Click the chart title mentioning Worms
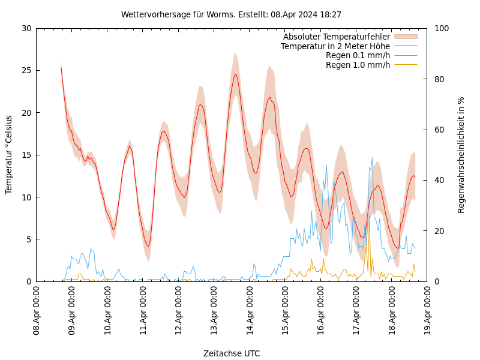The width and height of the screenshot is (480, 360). coord(231,14)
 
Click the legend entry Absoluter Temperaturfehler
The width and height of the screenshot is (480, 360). coord(336,37)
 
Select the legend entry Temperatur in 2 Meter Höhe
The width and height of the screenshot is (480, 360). coord(335,46)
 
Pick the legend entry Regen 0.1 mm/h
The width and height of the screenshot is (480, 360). coord(358,55)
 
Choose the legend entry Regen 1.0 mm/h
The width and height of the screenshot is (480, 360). coord(358,64)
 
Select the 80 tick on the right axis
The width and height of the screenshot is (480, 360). coord(439,79)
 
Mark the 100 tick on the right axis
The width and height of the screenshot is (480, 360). coord(442,28)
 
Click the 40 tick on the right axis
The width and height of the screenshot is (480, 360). coord(439,180)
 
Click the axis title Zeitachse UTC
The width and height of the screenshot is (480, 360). coord(232,353)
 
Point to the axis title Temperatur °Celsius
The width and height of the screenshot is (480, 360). coord(9,155)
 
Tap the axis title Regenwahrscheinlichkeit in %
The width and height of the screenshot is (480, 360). coord(461,155)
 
